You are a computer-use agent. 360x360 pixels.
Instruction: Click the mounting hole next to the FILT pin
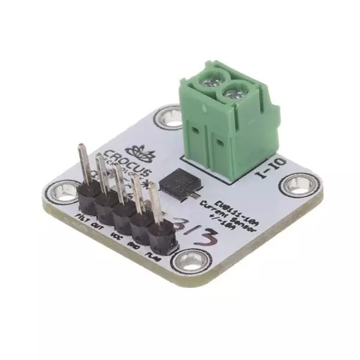[x=61, y=193]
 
